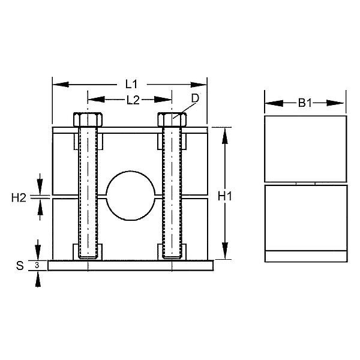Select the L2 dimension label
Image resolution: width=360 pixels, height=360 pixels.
click(133, 100)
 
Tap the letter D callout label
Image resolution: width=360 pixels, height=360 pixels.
click(194, 98)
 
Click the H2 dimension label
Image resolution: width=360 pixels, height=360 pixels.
click(19, 196)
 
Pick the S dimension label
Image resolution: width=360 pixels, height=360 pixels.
click(19, 265)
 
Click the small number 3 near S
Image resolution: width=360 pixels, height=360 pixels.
click(37, 265)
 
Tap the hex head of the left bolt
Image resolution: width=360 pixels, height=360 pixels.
click(88, 119)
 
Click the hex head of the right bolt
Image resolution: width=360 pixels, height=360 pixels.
click(172, 119)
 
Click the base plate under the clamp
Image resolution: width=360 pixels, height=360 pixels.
click(130, 265)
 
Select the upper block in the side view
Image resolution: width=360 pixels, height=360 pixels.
click(305, 148)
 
